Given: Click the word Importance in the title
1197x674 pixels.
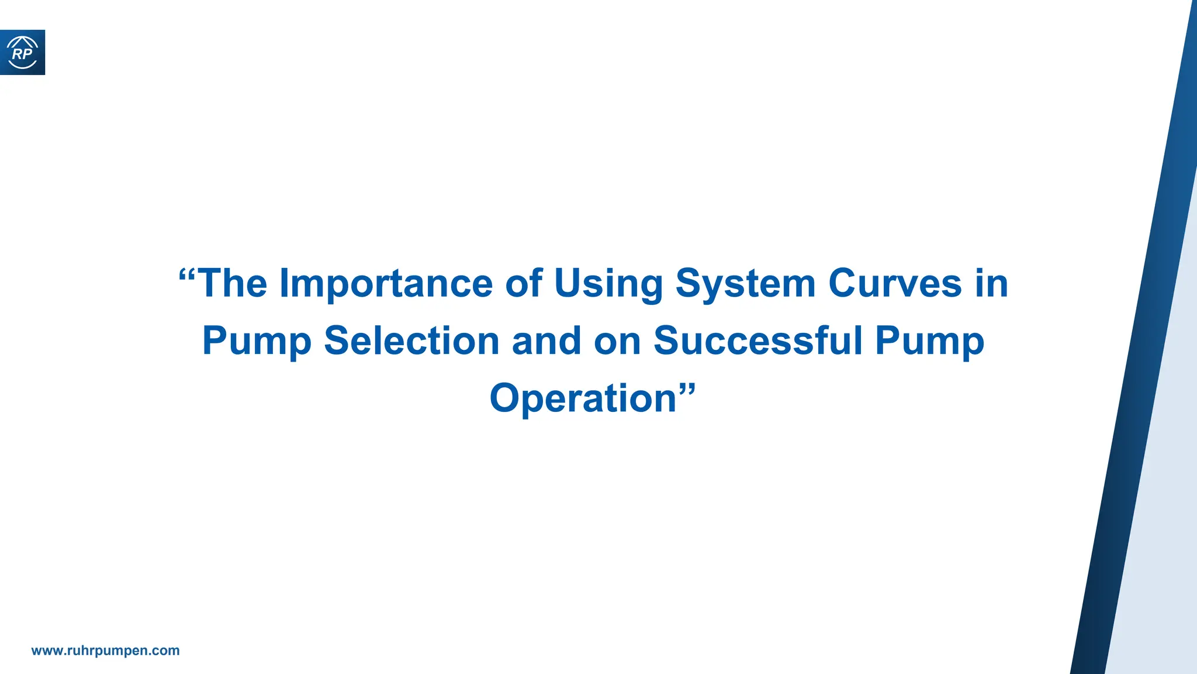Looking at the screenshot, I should coord(386,284).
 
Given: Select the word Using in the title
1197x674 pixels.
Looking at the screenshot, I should coord(608,284).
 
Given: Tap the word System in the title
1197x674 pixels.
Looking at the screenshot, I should coord(745,284).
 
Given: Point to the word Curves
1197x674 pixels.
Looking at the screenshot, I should coord(895,283).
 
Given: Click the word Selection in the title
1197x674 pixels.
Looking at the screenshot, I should coord(411,341).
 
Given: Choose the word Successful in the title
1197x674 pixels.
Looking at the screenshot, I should coord(757,341).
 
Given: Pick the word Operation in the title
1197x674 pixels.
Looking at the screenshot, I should coord(583,398).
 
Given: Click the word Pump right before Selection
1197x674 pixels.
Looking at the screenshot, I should coord(257,342).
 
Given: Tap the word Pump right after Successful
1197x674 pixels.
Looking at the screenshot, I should coord(929,342).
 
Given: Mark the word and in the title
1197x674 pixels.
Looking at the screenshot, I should coord(546,341).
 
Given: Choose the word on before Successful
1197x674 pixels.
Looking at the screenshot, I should coord(617,342).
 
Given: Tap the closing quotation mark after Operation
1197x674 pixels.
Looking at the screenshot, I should coord(687,388).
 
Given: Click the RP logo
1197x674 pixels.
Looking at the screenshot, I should coord(22,53).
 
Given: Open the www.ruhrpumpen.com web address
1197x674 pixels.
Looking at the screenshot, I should coord(105,651).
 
